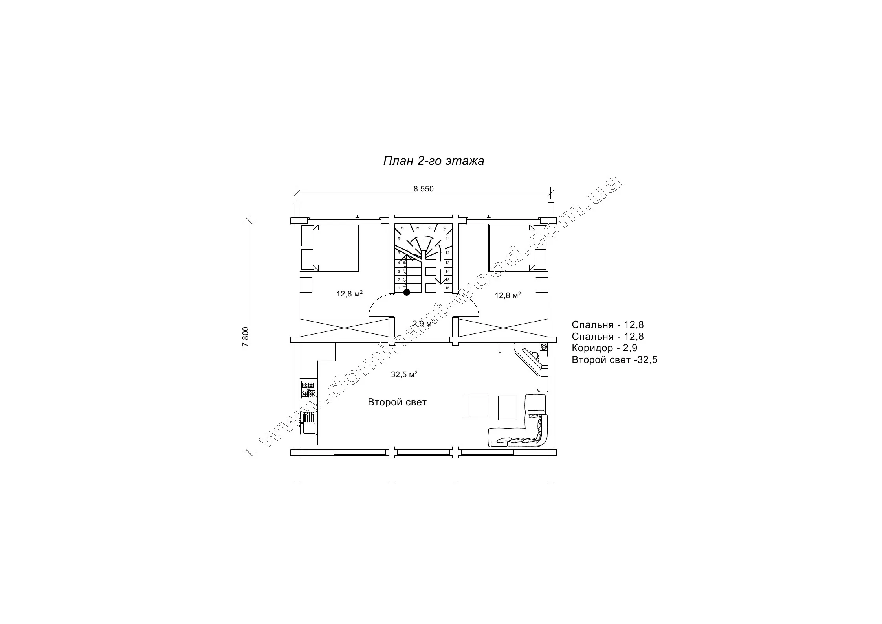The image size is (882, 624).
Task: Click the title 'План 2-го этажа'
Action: pos(433,161)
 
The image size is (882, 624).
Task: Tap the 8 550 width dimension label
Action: pos(423,189)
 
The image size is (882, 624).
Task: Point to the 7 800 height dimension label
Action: pos(246,337)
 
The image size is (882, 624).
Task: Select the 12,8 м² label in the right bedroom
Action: pos(508,295)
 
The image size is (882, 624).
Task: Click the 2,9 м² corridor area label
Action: pos(424,323)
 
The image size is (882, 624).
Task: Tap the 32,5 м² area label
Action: pos(404,374)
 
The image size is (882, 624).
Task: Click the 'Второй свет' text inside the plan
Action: pos(397,402)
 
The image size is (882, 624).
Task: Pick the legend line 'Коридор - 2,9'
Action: pos(604,348)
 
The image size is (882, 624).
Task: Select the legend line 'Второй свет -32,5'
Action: pos(614,360)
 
